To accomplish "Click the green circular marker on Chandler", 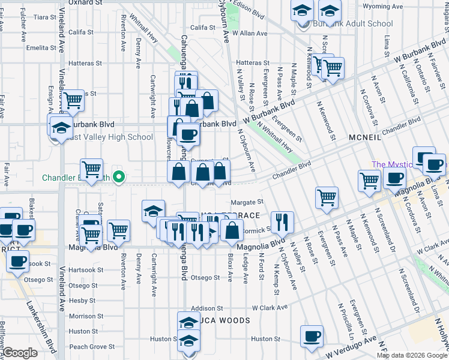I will click(x=119, y=177).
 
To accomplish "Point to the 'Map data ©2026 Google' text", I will click(x=412, y=355).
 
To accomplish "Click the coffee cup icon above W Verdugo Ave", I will click(x=312, y=337).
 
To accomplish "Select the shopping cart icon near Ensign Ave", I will click(x=73, y=101).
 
